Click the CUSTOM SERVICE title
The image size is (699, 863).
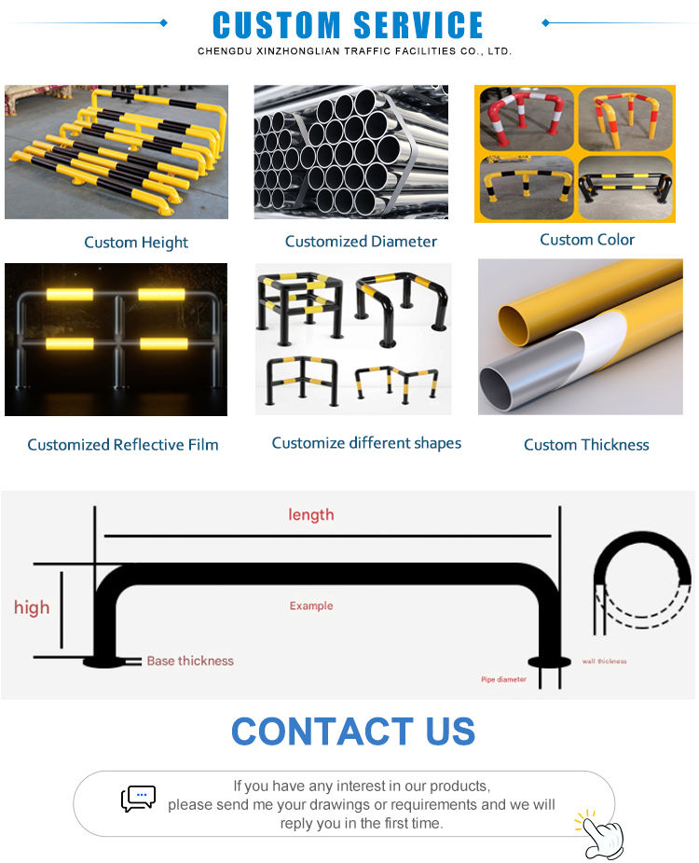(349, 24)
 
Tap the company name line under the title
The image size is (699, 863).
(354, 51)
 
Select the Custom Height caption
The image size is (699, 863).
(136, 243)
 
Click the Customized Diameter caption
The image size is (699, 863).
(361, 242)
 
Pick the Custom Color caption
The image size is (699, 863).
(587, 240)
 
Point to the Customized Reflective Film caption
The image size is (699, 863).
(123, 445)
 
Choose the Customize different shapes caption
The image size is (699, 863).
(366, 443)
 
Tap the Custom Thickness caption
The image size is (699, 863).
(586, 445)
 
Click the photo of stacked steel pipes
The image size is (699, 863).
(350, 152)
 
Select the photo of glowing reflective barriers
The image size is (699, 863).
(116, 339)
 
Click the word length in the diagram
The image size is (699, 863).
(310, 515)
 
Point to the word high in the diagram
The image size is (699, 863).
(32, 608)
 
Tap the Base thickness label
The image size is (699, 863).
(190, 661)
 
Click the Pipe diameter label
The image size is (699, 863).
(503, 679)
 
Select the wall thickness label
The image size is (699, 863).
(605, 661)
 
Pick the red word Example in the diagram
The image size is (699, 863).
(310, 606)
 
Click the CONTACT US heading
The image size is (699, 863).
(352, 731)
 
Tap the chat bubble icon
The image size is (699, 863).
(138, 799)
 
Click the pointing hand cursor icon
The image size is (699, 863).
(600, 834)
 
